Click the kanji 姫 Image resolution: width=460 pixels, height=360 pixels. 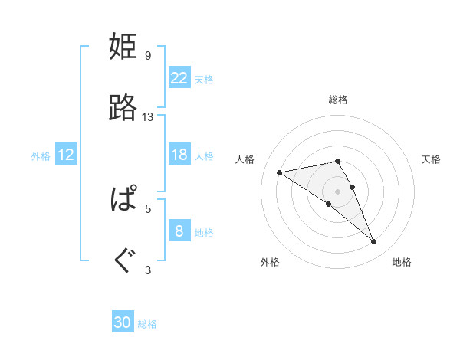pos(123,47)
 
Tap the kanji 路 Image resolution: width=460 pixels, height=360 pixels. pos(123,109)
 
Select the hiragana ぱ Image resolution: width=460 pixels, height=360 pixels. pos(123,200)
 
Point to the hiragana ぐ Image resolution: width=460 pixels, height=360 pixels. pos(123,261)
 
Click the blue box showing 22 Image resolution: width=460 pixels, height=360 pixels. pos(179,78)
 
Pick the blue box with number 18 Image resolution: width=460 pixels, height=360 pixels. pos(179,155)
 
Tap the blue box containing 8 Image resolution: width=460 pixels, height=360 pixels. pos(179,231)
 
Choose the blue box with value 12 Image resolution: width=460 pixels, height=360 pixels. pos(66,155)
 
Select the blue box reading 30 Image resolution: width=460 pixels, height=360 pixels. pos(123,322)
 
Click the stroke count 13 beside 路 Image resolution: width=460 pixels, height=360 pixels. pos(148,117)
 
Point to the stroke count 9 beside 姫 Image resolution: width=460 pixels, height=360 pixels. pos(148,56)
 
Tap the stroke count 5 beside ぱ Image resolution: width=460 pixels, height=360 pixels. pos(148,208)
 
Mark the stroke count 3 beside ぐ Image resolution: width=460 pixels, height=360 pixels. pos(148,270)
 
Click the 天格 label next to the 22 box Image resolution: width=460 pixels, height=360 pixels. pos(204,80)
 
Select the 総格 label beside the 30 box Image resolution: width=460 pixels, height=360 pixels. pos(147,324)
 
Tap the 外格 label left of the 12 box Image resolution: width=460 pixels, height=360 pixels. pos(41,156)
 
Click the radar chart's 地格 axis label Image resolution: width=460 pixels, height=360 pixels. pos(402,263)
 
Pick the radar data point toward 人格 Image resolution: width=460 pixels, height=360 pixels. pos(280,172)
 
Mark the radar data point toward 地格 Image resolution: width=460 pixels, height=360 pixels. pos(374,242)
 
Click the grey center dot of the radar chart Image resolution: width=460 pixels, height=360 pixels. pos(338,191)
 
